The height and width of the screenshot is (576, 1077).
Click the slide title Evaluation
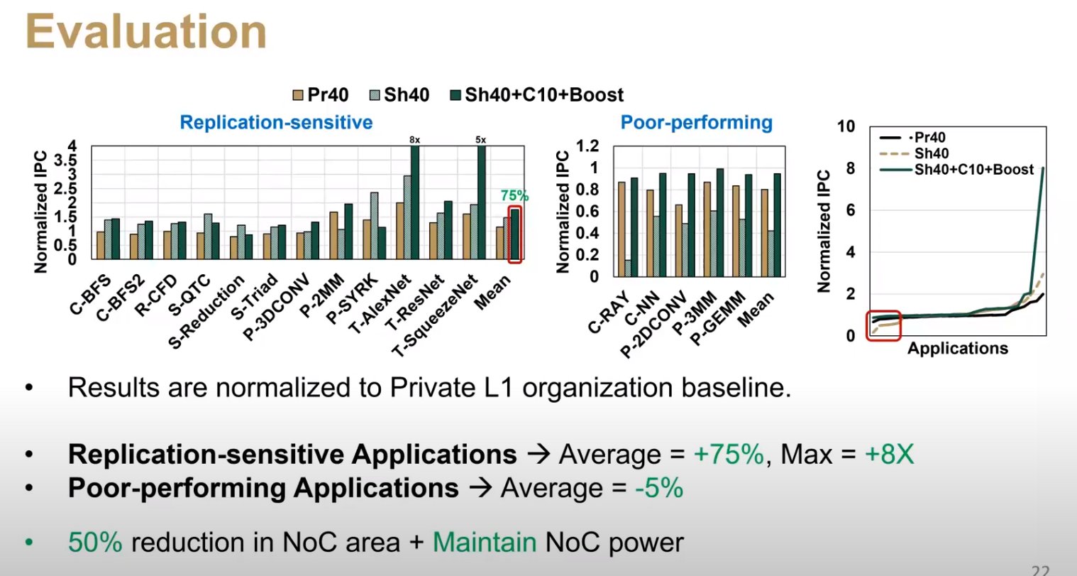tap(145, 33)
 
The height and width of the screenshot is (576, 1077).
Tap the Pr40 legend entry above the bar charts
tap(320, 95)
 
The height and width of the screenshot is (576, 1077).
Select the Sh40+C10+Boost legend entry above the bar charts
tap(537, 95)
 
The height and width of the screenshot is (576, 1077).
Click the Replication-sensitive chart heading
tap(276, 122)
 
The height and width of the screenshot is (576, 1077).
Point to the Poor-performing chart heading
tap(696, 122)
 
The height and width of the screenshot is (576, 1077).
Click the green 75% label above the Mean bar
tap(514, 195)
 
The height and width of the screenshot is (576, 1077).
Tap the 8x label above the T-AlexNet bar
tap(414, 141)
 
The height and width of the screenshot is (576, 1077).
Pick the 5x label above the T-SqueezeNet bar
tap(481, 141)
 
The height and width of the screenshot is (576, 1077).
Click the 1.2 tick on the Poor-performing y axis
tap(587, 146)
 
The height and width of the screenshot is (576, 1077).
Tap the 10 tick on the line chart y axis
tap(846, 126)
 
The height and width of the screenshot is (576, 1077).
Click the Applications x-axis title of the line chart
tap(957, 348)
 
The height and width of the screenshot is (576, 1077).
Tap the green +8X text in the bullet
tap(889, 454)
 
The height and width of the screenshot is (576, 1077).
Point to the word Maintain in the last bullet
tap(484, 543)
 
